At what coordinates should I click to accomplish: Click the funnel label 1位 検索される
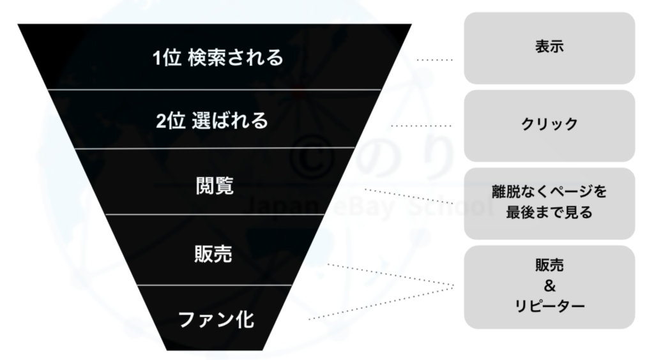click(x=218, y=57)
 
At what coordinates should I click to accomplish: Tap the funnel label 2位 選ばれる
click(x=212, y=121)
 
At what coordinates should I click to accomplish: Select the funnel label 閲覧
click(x=215, y=186)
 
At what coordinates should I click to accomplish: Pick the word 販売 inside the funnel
click(x=213, y=254)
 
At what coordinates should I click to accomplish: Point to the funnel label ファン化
click(x=216, y=320)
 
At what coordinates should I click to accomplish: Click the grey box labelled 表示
click(x=549, y=48)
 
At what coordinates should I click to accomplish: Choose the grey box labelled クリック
click(x=549, y=126)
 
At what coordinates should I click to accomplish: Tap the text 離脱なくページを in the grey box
click(x=549, y=191)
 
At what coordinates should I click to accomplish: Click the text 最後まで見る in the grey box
click(x=549, y=213)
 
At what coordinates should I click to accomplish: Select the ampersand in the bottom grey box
click(x=550, y=286)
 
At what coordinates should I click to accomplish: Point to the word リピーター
click(x=549, y=306)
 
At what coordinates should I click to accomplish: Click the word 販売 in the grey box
click(x=549, y=265)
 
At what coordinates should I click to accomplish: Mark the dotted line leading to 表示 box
click(x=434, y=60)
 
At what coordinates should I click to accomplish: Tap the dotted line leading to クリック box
click(x=422, y=125)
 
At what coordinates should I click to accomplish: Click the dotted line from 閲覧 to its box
click(x=409, y=196)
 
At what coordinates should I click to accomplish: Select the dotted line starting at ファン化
click(x=381, y=303)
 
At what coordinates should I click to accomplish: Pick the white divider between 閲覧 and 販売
click(x=215, y=214)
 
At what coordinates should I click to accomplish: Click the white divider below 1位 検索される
click(x=215, y=89)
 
